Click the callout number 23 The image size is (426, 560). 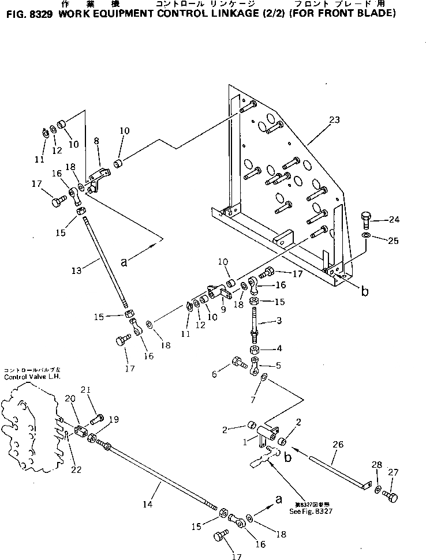pyautogui.click(x=334, y=120)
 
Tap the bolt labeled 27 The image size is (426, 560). pyautogui.click(x=389, y=495)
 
